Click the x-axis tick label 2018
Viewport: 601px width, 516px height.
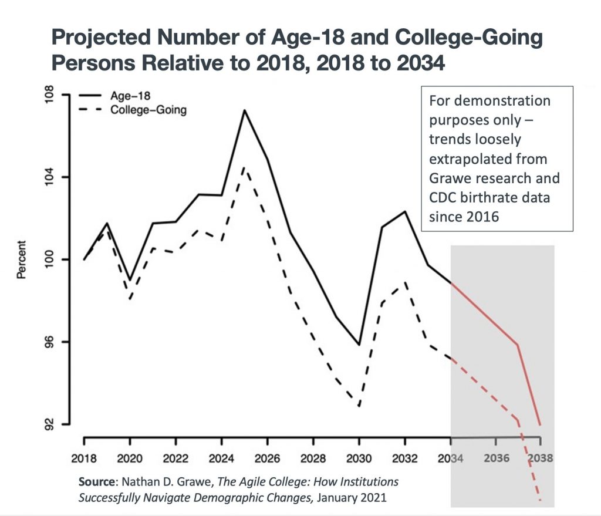pyautogui.click(x=84, y=458)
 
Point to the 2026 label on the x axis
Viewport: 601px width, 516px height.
pyautogui.click(x=267, y=458)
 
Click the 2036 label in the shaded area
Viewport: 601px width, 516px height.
pyautogui.click(x=495, y=458)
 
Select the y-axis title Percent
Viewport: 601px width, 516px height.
pyautogui.click(x=22, y=259)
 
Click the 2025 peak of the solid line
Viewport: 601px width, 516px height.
pyautogui.click(x=244, y=110)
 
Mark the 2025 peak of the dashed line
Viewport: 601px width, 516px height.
pyautogui.click(x=244, y=167)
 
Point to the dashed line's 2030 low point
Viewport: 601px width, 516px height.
pyautogui.click(x=359, y=406)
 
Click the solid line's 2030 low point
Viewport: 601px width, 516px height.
pyautogui.click(x=359, y=345)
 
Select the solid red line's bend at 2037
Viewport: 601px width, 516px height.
pyautogui.click(x=518, y=345)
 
